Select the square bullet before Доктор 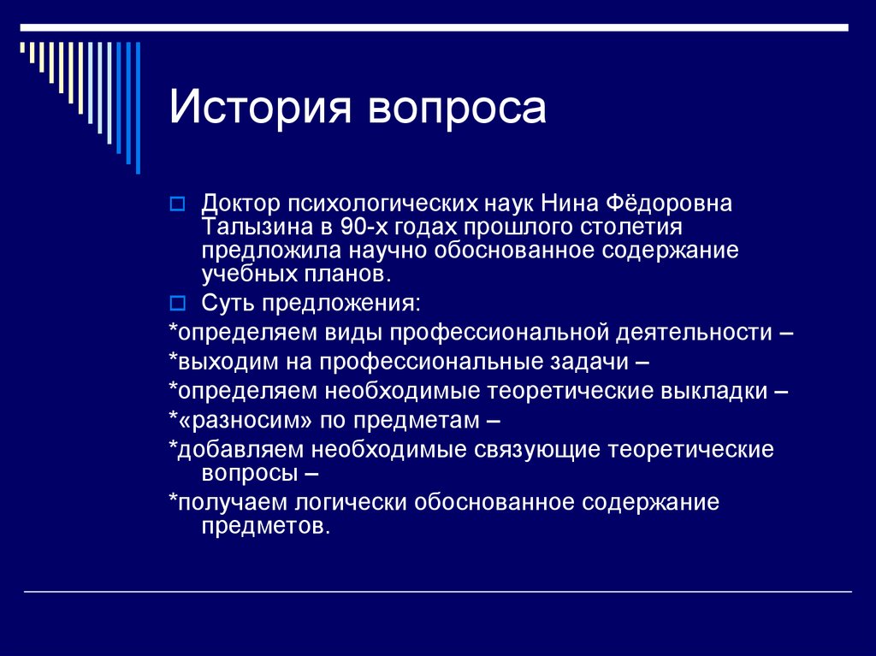[177, 204]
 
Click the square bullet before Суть [177, 302]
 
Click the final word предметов [265, 525]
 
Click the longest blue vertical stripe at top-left [137, 107]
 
